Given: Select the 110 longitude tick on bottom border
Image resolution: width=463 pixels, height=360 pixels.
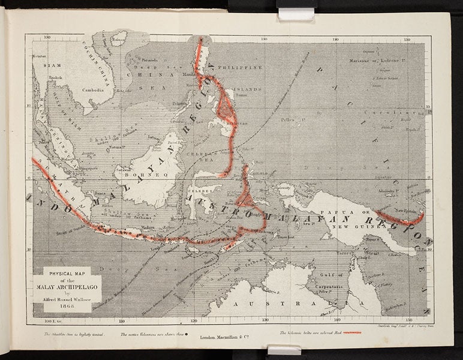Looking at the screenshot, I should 122,321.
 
